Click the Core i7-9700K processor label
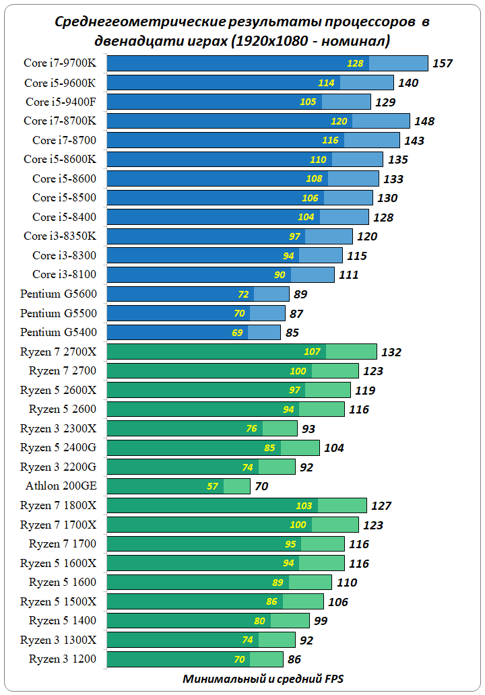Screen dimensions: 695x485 pyautogui.click(x=60, y=63)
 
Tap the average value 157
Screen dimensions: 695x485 pyautogui.click(x=443, y=63)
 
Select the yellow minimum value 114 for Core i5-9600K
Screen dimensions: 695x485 pyautogui.click(x=326, y=83)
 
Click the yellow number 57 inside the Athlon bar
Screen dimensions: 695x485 pyautogui.click(x=213, y=486)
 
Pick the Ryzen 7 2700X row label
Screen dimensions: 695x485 pyautogui.click(x=59, y=352)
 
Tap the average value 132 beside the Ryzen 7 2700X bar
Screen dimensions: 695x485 pyautogui.click(x=391, y=352)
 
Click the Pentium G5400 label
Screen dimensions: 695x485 pyautogui.click(x=59, y=332)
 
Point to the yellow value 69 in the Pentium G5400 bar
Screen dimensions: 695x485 pyautogui.click(x=237, y=333)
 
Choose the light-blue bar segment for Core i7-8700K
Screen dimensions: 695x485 pyautogui.click(x=381, y=121)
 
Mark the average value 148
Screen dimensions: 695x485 pyautogui.click(x=424, y=121)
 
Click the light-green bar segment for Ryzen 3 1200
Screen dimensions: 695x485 pyautogui.click(x=266, y=659)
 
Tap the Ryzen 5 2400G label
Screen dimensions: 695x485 pyautogui.click(x=59, y=447)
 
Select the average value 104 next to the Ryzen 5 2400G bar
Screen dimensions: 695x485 pyautogui.click(x=333, y=448)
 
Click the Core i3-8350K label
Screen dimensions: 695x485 pyautogui.click(x=60, y=236)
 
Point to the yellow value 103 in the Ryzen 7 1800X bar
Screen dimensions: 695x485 pyautogui.click(x=304, y=505)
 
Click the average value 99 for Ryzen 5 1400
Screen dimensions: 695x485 pyautogui.click(x=321, y=621)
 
